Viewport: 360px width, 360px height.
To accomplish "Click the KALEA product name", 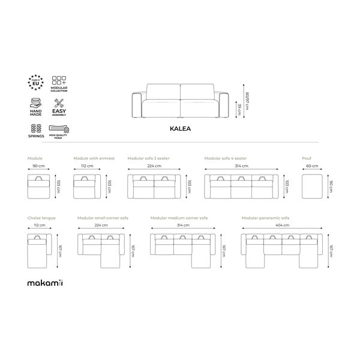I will (x=180, y=128).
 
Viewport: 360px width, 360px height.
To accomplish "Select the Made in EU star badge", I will (x=35, y=82).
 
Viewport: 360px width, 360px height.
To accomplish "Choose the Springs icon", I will (x=35, y=128).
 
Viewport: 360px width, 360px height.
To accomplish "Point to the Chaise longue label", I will (x=41, y=218).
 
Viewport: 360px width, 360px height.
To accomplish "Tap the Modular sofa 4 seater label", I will (x=225, y=158).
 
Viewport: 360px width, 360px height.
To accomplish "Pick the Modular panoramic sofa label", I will (x=265, y=218).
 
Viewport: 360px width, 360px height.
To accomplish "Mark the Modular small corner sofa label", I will (x=103, y=218).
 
